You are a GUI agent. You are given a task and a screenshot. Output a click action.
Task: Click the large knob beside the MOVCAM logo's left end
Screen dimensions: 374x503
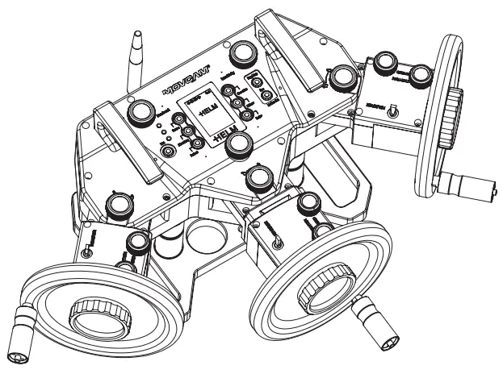(144, 111)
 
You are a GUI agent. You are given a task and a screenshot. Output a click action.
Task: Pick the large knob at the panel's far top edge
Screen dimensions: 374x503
(240, 54)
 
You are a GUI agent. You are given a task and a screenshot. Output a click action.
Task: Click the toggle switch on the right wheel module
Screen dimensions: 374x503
(393, 112)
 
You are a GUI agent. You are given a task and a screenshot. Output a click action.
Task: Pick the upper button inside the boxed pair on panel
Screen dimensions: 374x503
(253, 96)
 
